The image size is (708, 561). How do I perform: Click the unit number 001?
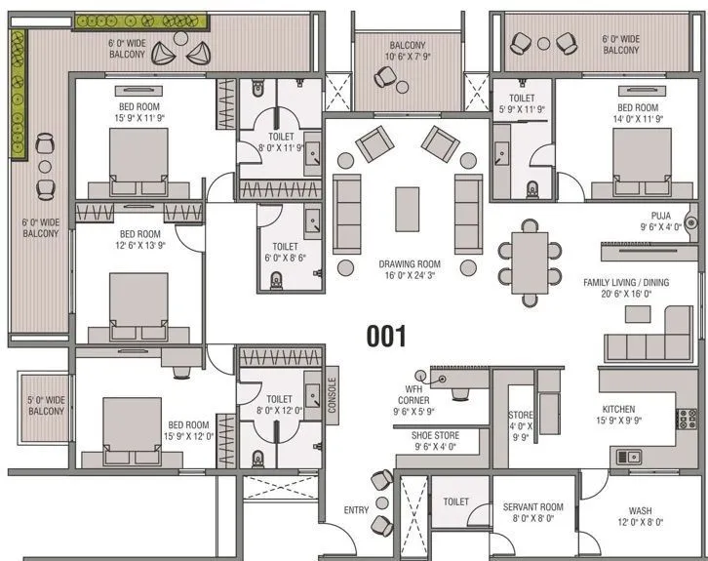(x=385, y=337)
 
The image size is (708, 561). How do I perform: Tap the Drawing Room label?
(x=410, y=264)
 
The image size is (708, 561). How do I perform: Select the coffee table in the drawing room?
(x=408, y=209)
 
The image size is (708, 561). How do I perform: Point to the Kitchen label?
(x=618, y=410)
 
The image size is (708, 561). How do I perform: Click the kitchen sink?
(x=628, y=455)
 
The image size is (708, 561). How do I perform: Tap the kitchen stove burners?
(x=687, y=419)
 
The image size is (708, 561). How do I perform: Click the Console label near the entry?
(x=332, y=395)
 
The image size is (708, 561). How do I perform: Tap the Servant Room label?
(x=533, y=507)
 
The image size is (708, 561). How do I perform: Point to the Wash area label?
(x=640, y=510)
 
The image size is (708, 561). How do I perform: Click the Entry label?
(x=356, y=510)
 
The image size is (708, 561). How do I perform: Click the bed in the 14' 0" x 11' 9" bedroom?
(x=638, y=157)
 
